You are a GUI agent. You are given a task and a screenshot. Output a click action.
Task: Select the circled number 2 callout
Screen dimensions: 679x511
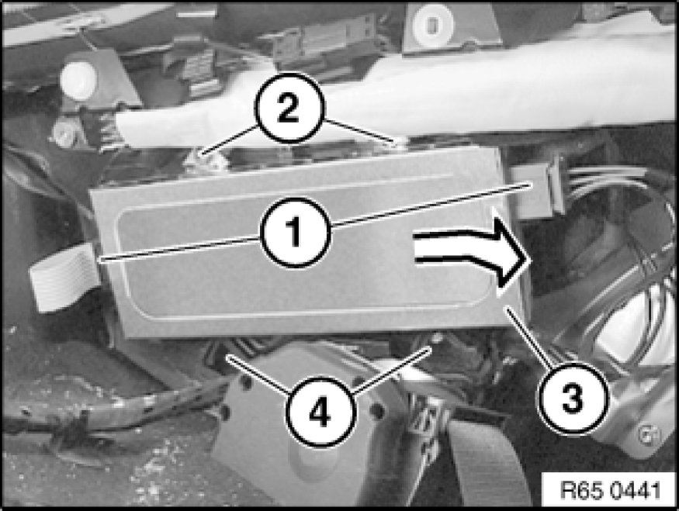tap(289, 108)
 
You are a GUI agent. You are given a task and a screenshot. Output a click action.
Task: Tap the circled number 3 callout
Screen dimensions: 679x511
tap(572, 398)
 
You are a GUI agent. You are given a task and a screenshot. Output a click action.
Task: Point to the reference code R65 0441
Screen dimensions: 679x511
tap(611, 491)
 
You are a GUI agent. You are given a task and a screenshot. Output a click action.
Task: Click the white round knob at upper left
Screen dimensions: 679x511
tap(78, 78)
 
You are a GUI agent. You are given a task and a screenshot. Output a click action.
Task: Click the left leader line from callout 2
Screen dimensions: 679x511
tap(230, 140)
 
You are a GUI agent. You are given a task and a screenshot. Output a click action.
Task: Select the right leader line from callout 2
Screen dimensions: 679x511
tap(360, 131)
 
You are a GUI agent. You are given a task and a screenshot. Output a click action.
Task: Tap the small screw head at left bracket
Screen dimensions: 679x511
tap(61, 133)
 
